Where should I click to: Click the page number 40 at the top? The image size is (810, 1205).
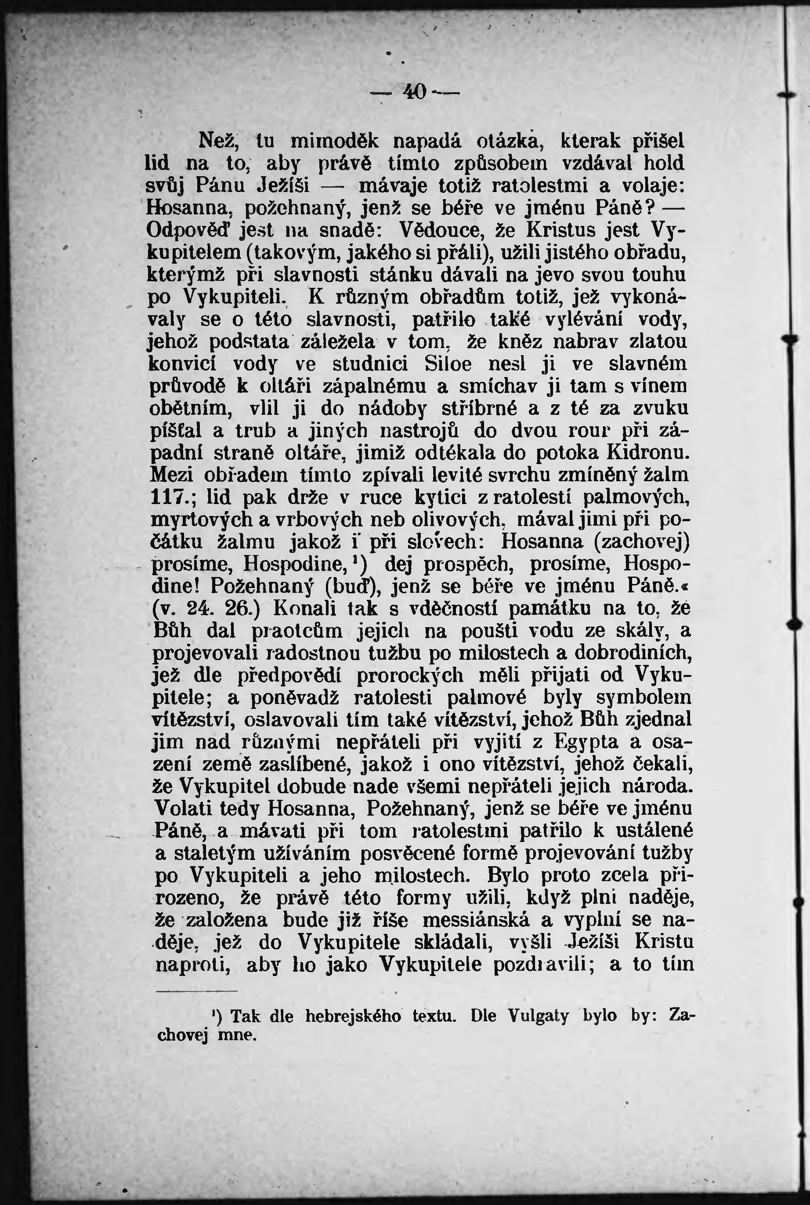pyautogui.click(x=416, y=92)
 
